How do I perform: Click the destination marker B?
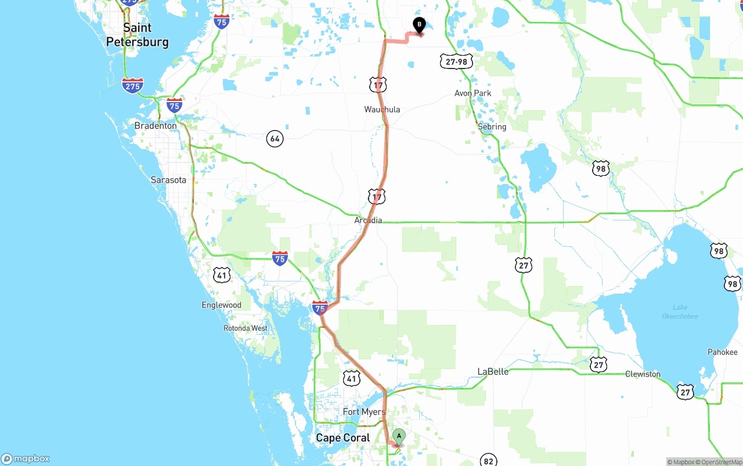pos(419,25)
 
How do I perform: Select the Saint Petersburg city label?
pos(137,35)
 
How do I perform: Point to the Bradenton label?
pos(156,125)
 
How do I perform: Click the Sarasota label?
pos(168,180)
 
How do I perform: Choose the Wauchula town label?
pos(382,109)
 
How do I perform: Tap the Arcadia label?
pos(368,221)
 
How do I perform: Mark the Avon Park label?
pos(473,93)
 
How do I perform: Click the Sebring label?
pos(492,127)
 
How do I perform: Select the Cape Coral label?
pos(342,438)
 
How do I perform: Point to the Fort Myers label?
pos(364,412)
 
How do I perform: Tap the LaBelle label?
pos(493,371)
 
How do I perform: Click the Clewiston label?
pos(643,374)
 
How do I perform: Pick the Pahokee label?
pos(722,352)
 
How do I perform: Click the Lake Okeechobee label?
pos(680,312)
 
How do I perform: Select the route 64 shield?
pos(275,139)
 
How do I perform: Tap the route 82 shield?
pos(489,461)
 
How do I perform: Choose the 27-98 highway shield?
pos(456,62)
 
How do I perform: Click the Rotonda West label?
pos(246,328)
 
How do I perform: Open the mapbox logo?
pos(26,459)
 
